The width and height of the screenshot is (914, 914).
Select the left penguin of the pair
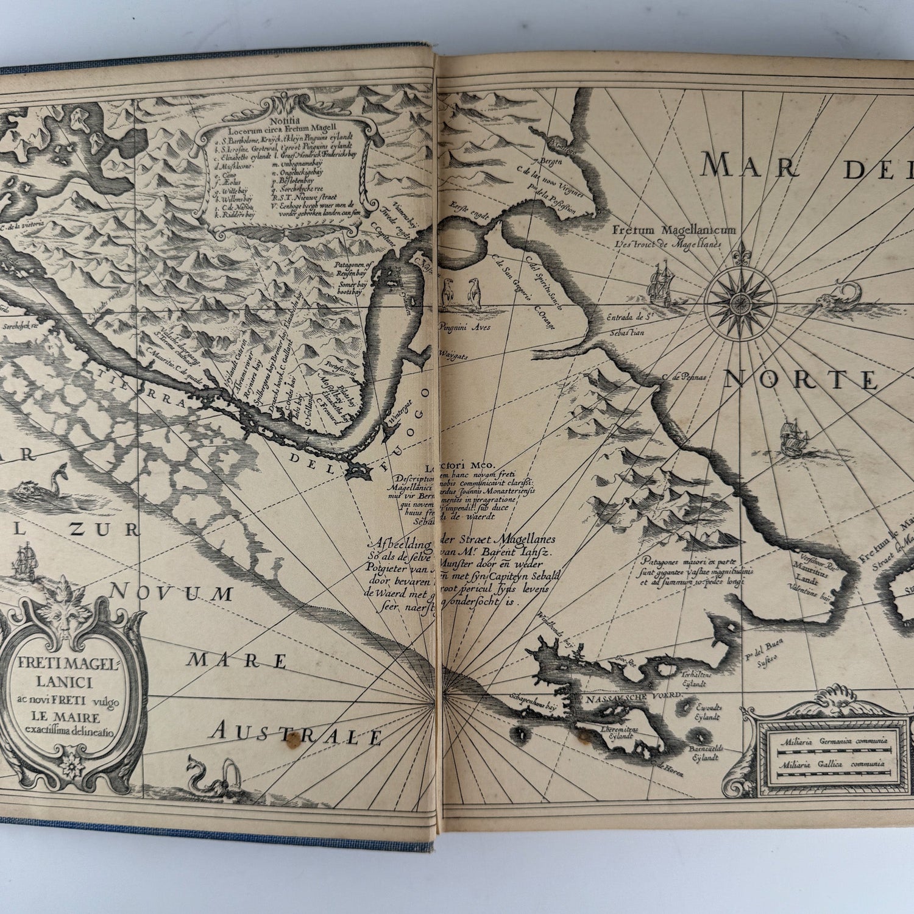click(449, 291)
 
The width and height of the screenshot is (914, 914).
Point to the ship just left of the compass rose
click(661, 283)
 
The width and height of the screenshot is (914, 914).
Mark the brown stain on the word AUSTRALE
click(293, 739)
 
